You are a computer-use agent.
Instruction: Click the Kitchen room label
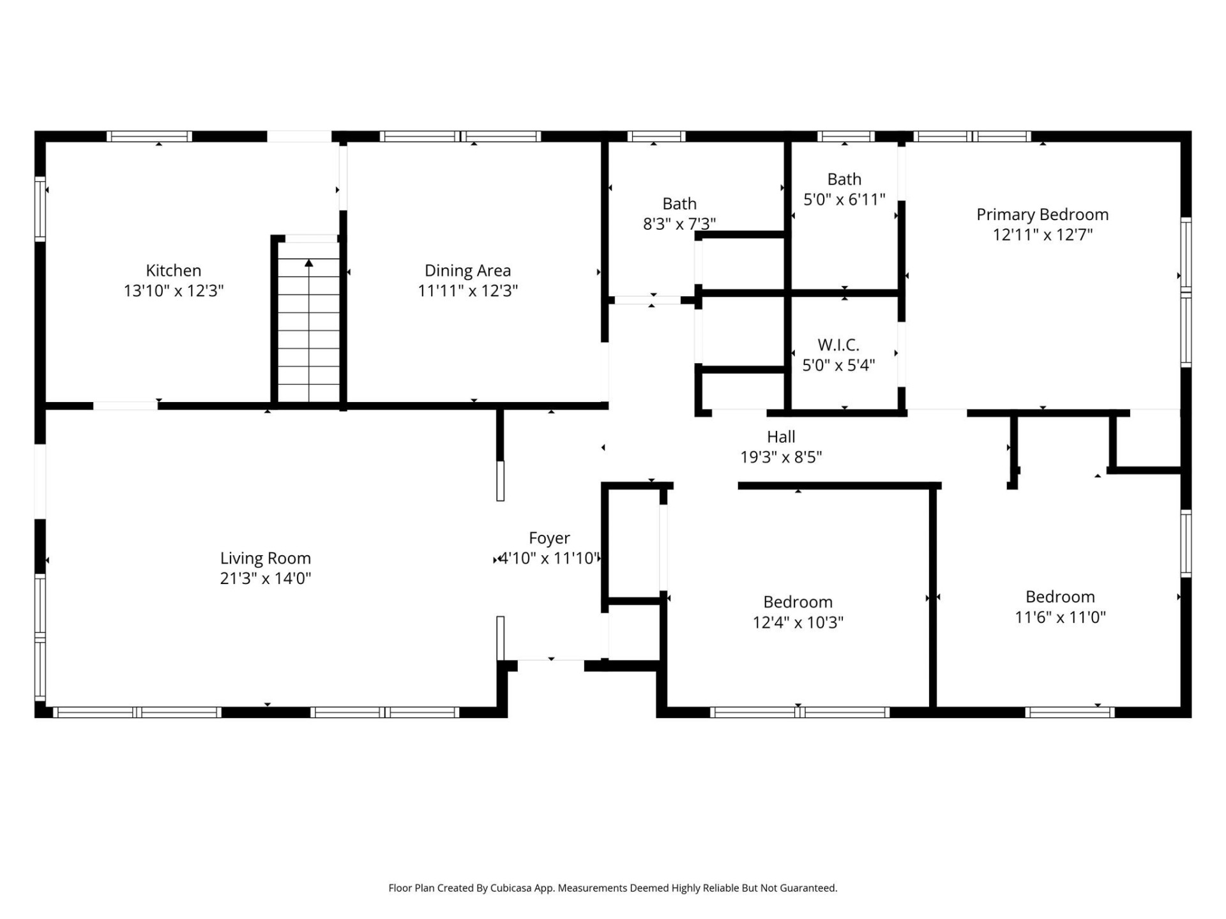[x=173, y=271]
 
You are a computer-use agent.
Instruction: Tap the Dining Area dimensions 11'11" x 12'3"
[x=467, y=291]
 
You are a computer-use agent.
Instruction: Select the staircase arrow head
[x=309, y=263]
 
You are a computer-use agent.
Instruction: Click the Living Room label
[x=265, y=558]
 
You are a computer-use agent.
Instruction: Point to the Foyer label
[x=549, y=538]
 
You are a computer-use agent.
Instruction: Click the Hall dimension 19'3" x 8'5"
[x=780, y=457]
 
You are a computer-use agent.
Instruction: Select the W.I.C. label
[x=838, y=345]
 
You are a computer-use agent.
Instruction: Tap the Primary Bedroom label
[x=1042, y=214]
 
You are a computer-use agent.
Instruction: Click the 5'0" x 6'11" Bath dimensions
[x=844, y=200]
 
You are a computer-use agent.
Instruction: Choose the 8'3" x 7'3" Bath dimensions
[x=679, y=224]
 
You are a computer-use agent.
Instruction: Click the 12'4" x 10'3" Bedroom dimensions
[x=798, y=622]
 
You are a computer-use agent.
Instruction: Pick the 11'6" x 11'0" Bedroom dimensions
[x=1060, y=617]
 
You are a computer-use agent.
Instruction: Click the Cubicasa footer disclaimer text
[x=612, y=888]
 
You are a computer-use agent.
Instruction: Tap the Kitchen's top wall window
[x=149, y=137]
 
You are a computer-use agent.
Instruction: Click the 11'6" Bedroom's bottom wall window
[x=1070, y=712]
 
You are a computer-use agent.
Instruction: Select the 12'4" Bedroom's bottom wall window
[x=799, y=712]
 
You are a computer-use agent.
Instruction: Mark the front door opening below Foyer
[x=550, y=664]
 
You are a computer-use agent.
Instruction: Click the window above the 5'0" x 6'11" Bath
[x=845, y=137]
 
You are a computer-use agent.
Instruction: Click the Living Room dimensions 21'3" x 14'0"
[x=265, y=579]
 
